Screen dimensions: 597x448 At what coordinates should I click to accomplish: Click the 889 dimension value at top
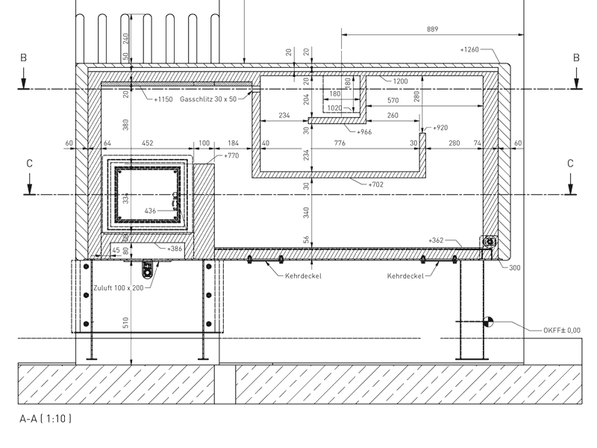[433, 29]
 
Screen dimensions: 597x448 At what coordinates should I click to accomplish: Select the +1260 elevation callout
[469, 49]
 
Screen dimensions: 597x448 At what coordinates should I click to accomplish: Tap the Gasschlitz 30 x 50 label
[208, 99]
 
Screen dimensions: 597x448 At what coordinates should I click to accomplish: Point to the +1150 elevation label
[163, 99]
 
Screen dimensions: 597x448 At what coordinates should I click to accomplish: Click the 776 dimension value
[340, 143]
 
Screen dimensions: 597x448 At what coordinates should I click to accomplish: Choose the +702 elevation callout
[376, 184]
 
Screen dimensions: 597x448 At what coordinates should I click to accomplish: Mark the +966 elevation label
[364, 132]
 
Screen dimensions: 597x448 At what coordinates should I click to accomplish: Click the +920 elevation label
[440, 128]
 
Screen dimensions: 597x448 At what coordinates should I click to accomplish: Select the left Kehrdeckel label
[303, 276]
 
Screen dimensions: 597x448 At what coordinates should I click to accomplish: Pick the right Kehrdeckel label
[405, 276]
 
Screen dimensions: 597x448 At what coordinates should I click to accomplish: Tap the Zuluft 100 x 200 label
[119, 288]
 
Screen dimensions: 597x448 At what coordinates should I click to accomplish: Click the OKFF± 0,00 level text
[562, 330]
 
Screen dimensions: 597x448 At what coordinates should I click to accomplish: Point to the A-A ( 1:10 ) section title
[46, 419]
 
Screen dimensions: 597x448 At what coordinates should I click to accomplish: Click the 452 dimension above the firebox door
[147, 143]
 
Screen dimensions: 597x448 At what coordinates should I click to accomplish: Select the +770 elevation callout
[231, 155]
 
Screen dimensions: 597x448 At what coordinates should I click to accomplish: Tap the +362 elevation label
[436, 240]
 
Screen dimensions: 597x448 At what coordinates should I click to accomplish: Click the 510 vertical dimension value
[125, 323]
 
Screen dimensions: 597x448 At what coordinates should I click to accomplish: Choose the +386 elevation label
[175, 249]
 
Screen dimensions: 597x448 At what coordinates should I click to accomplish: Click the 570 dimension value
[393, 100]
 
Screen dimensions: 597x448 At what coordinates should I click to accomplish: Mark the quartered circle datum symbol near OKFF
[488, 322]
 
